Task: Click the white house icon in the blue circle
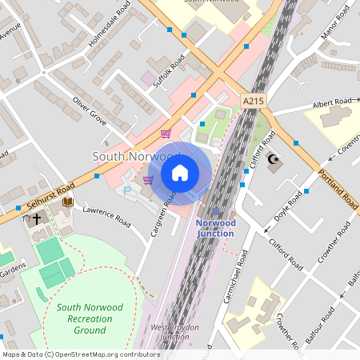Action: click(x=180, y=172)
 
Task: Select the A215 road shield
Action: click(x=253, y=101)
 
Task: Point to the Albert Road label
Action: click(x=332, y=104)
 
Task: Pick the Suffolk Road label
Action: click(x=170, y=70)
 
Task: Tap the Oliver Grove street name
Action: click(x=90, y=111)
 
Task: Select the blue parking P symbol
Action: click(x=126, y=191)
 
